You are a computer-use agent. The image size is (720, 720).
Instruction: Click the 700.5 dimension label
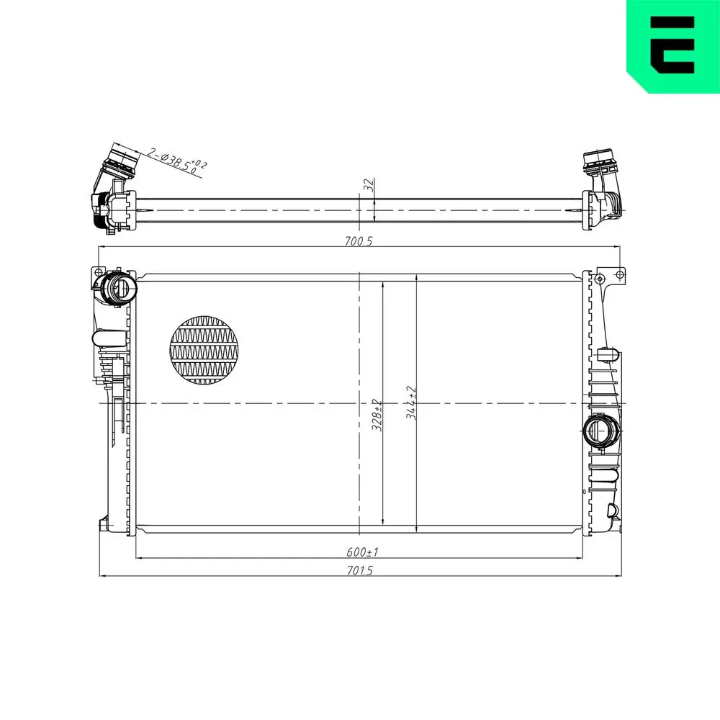(359, 240)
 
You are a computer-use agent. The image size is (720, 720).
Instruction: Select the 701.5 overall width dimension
(360, 570)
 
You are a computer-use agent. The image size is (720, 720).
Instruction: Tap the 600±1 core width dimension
(362, 552)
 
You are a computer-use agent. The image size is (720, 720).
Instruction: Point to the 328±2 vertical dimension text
(377, 415)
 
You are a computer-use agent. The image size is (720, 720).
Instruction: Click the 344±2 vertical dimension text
(411, 402)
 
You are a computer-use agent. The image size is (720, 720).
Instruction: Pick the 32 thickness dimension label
(369, 184)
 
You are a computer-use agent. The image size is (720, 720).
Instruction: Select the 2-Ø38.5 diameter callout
(177, 161)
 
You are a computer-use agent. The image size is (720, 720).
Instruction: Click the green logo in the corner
(673, 46)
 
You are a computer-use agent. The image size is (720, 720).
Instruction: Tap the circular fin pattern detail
(204, 350)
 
